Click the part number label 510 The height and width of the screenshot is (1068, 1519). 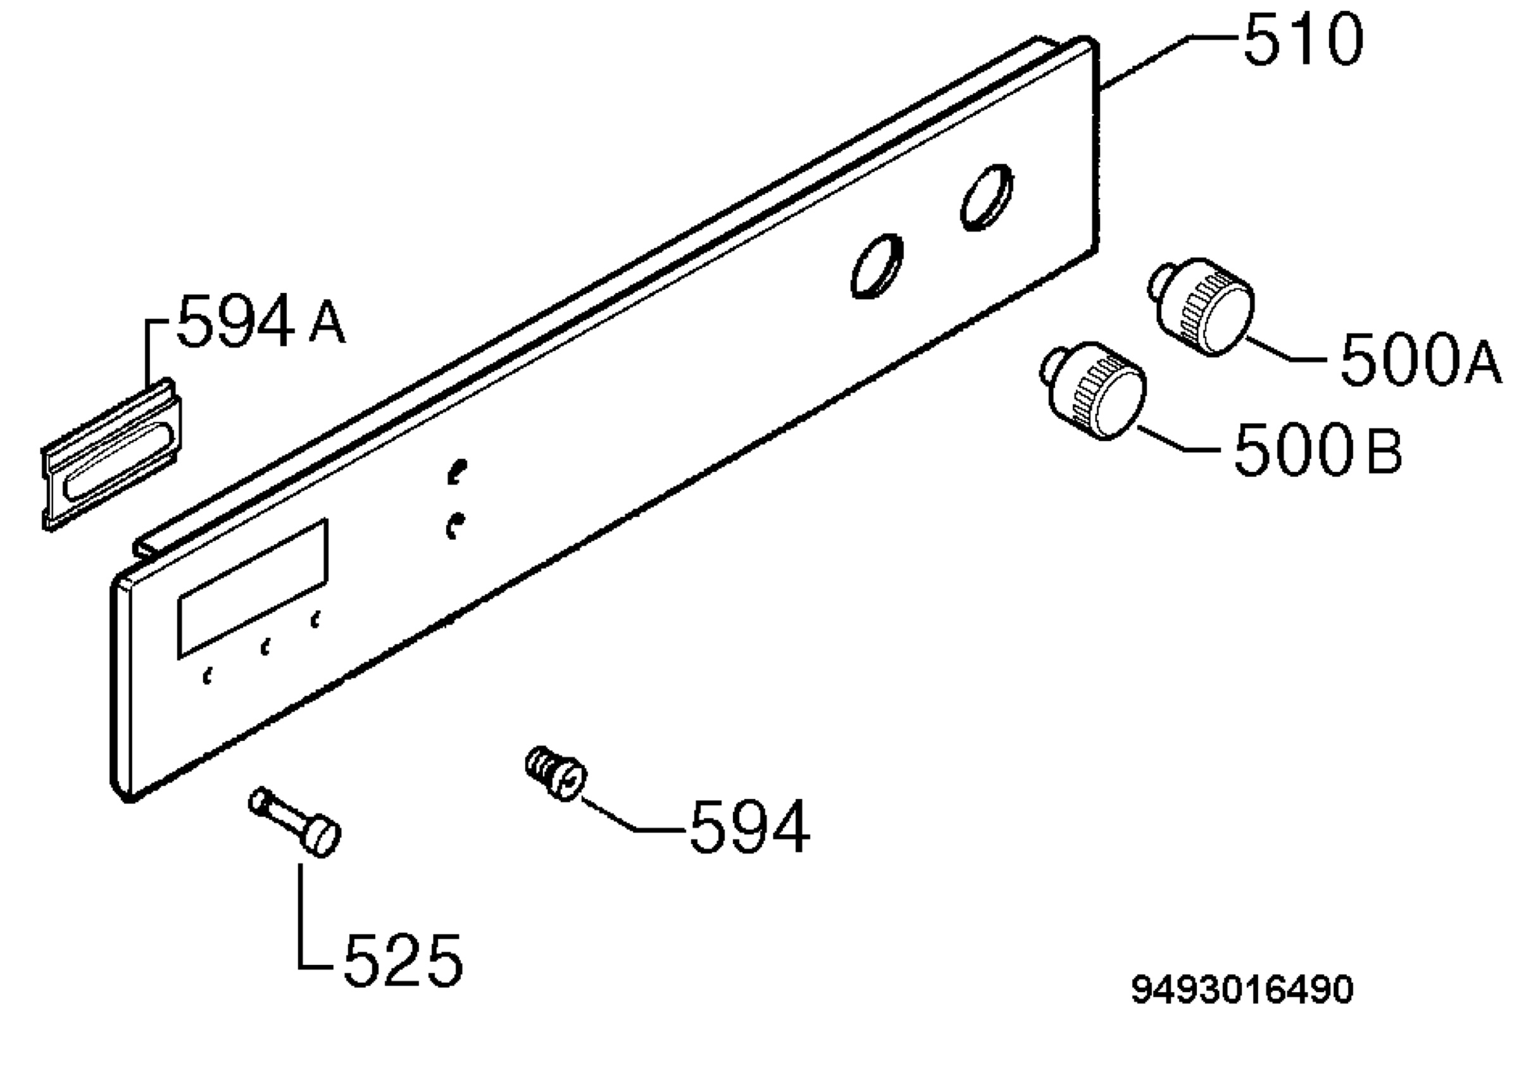[x=1303, y=41]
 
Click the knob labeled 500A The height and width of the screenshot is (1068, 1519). [x=1201, y=306]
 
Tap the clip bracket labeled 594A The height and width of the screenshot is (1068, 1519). [x=112, y=455]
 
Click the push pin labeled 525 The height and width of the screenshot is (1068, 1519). [x=295, y=822]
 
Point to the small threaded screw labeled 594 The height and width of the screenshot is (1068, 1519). [x=556, y=773]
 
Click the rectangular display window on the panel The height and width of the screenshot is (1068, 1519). [x=253, y=588]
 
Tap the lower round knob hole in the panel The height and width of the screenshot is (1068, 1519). [x=877, y=266]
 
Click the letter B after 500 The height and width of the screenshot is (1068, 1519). [x=1384, y=452]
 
